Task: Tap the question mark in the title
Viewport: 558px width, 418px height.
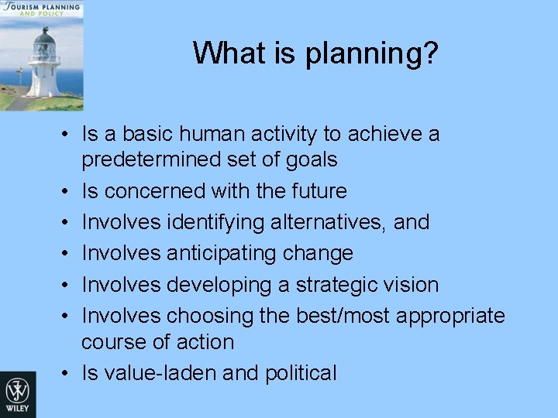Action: (x=430, y=53)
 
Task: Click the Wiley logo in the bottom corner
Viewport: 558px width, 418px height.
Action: (x=17, y=394)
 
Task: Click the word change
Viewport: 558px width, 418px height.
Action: (x=319, y=253)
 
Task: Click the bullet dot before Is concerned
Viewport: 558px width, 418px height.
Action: (x=68, y=191)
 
